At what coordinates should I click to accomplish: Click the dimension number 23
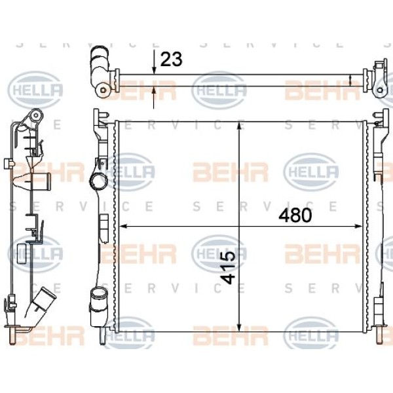tap(171, 60)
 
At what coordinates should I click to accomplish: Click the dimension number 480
tap(295, 215)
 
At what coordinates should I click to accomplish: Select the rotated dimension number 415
tap(228, 267)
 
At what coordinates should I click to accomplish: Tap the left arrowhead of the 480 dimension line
tap(123, 227)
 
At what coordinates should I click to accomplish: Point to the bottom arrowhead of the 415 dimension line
tap(239, 327)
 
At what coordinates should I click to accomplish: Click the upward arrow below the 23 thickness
tap(154, 98)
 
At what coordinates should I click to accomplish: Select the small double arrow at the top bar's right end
tap(350, 81)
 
